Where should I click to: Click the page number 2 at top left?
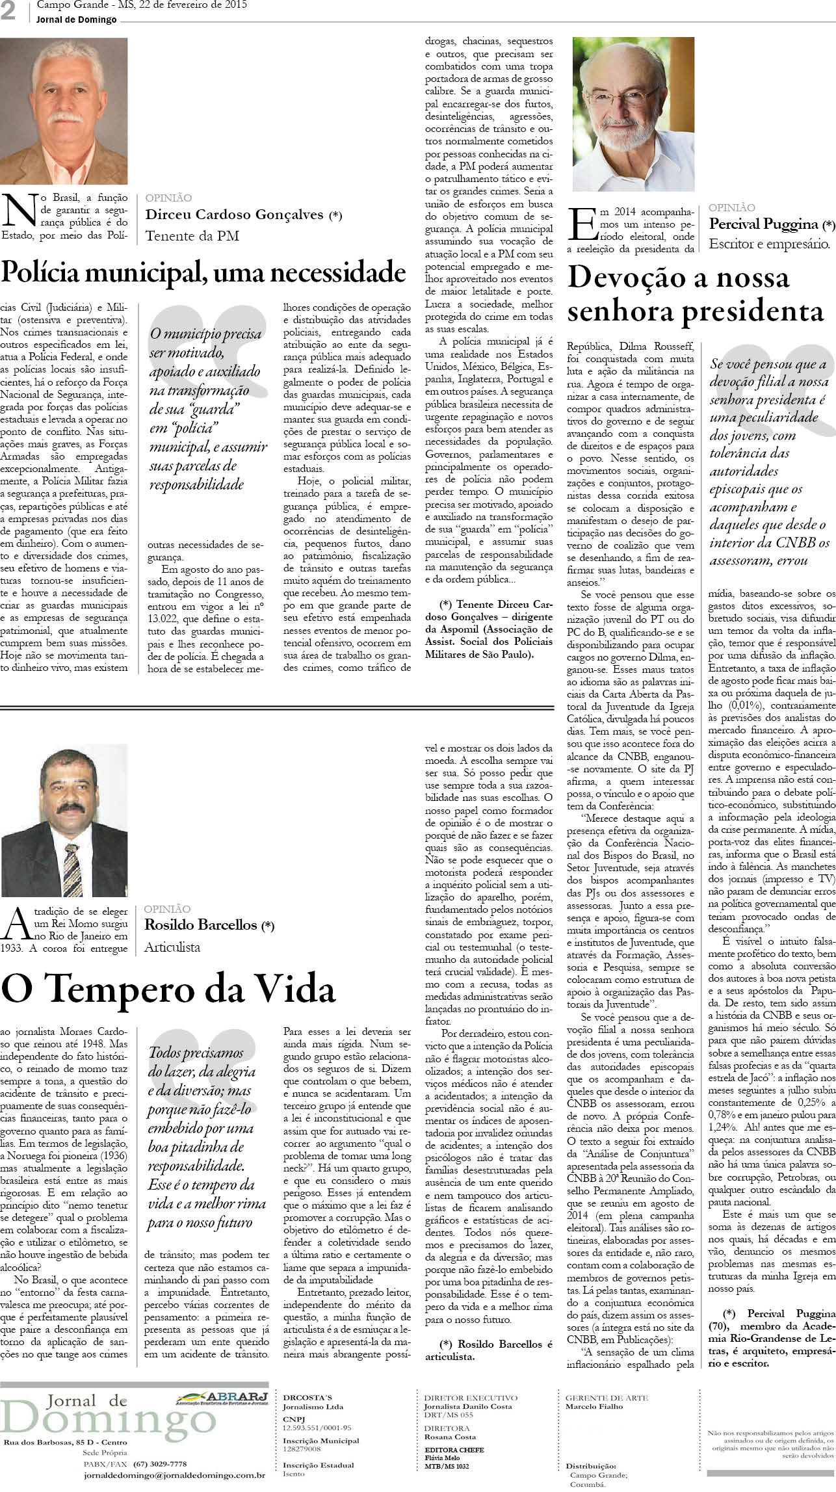[8, 12]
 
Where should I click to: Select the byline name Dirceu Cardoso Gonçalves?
[235, 215]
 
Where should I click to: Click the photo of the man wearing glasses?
[633, 114]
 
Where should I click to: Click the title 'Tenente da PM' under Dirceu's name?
[192, 235]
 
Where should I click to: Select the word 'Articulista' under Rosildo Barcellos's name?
[172, 947]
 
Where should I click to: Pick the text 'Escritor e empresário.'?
[769, 244]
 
